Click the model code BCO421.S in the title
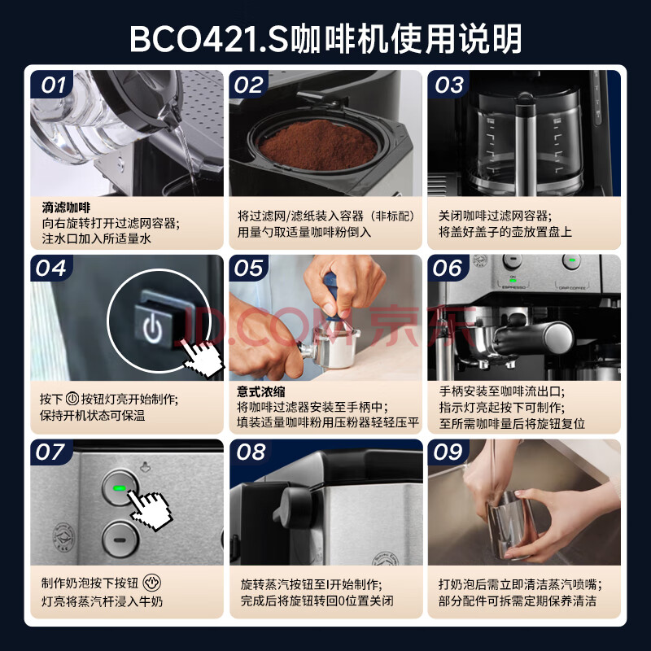(x=209, y=39)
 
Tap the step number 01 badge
(x=52, y=85)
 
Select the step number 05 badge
(x=249, y=268)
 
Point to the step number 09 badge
(x=448, y=452)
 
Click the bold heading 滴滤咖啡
(x=66, y=208)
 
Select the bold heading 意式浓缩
(x=261, y=391)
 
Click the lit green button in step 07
(x=120, y=487)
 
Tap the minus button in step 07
(x=120, y=540)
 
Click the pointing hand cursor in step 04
(x=203, y=357)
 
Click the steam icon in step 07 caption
(x=151, y=583)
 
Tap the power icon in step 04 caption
(x=72, y=399)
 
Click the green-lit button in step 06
(x=571, y=260)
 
